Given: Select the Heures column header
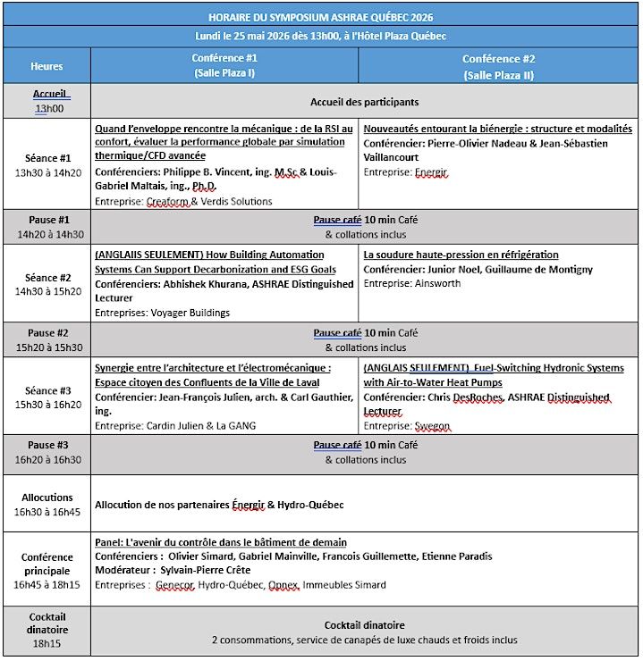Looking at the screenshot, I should pos(47,66).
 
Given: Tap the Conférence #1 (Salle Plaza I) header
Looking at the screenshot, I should pos(224,65).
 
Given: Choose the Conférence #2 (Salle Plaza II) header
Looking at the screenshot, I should pos(499,66).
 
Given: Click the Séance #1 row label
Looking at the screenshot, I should pos(47,158).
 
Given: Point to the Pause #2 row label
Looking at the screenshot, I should pos(47,333).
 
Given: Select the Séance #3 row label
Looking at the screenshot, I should pos(47,390).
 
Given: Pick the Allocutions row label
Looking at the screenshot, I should pos(47,497).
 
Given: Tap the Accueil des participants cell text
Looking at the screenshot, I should pos(364,102).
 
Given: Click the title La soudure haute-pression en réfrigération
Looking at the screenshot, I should pos(461,255).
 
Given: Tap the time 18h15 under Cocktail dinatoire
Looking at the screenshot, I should pos(47,642).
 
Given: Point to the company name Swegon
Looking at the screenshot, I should pos(434,426).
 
